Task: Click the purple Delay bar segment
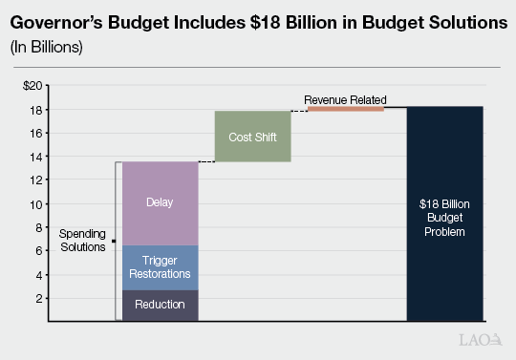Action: pos(160,202)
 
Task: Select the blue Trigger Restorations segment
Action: pos(160,267)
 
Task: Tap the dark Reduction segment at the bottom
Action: pos(160,305)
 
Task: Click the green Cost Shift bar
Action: pos(252,137)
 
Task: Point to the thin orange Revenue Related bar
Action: pos(345,109)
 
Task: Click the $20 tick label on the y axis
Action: pos(34,86)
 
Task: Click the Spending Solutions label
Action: pos(84,241)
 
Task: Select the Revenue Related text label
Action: pos(345,99)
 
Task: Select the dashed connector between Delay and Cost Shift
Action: pos(206,161)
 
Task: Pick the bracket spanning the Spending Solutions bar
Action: pos(117,241)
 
